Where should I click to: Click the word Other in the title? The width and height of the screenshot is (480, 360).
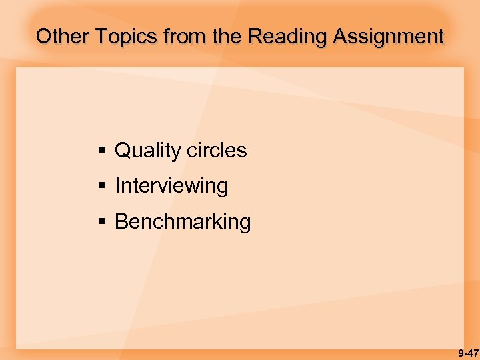pyautogui.click(x=63, y=36)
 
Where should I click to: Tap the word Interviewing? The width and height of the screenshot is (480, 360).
pyautogui.click(x=171, y=186)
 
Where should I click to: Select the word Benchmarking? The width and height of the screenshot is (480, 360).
pyautogui.click(x=183, y=221)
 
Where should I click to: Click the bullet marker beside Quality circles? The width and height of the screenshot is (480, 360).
pyautogui.click(x=102, y=151)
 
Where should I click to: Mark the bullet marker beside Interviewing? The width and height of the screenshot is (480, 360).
pyautogui.click(x=102, y=186)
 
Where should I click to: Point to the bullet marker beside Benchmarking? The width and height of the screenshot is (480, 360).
pyautogui.click(x=102, y=221)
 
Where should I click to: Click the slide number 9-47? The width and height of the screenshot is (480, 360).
pyautogui.click(x=468, y=353)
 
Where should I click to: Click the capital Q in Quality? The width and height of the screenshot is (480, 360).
pyautogui.click(x=123, y=150)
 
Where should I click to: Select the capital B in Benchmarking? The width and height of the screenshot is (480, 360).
pyautogui.click(x=121, y=221)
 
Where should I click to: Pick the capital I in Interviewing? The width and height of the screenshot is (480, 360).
pyautogui.click(x=118, y=185)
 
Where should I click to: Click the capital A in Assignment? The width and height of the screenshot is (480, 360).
pyautogui.click(x=341, y=36)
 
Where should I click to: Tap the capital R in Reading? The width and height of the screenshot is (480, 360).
pyautogui.click(x=256, y=36)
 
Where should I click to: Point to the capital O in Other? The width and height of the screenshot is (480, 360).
pyautogui.click(x=44, y=36)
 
